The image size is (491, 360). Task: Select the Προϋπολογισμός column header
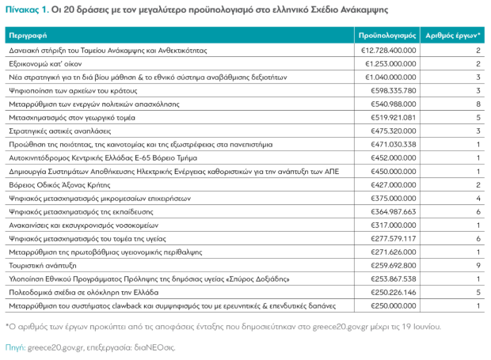point(387,36)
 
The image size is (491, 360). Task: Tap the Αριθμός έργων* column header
point(452,36)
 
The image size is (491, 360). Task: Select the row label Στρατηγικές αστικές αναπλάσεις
point(60,131)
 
